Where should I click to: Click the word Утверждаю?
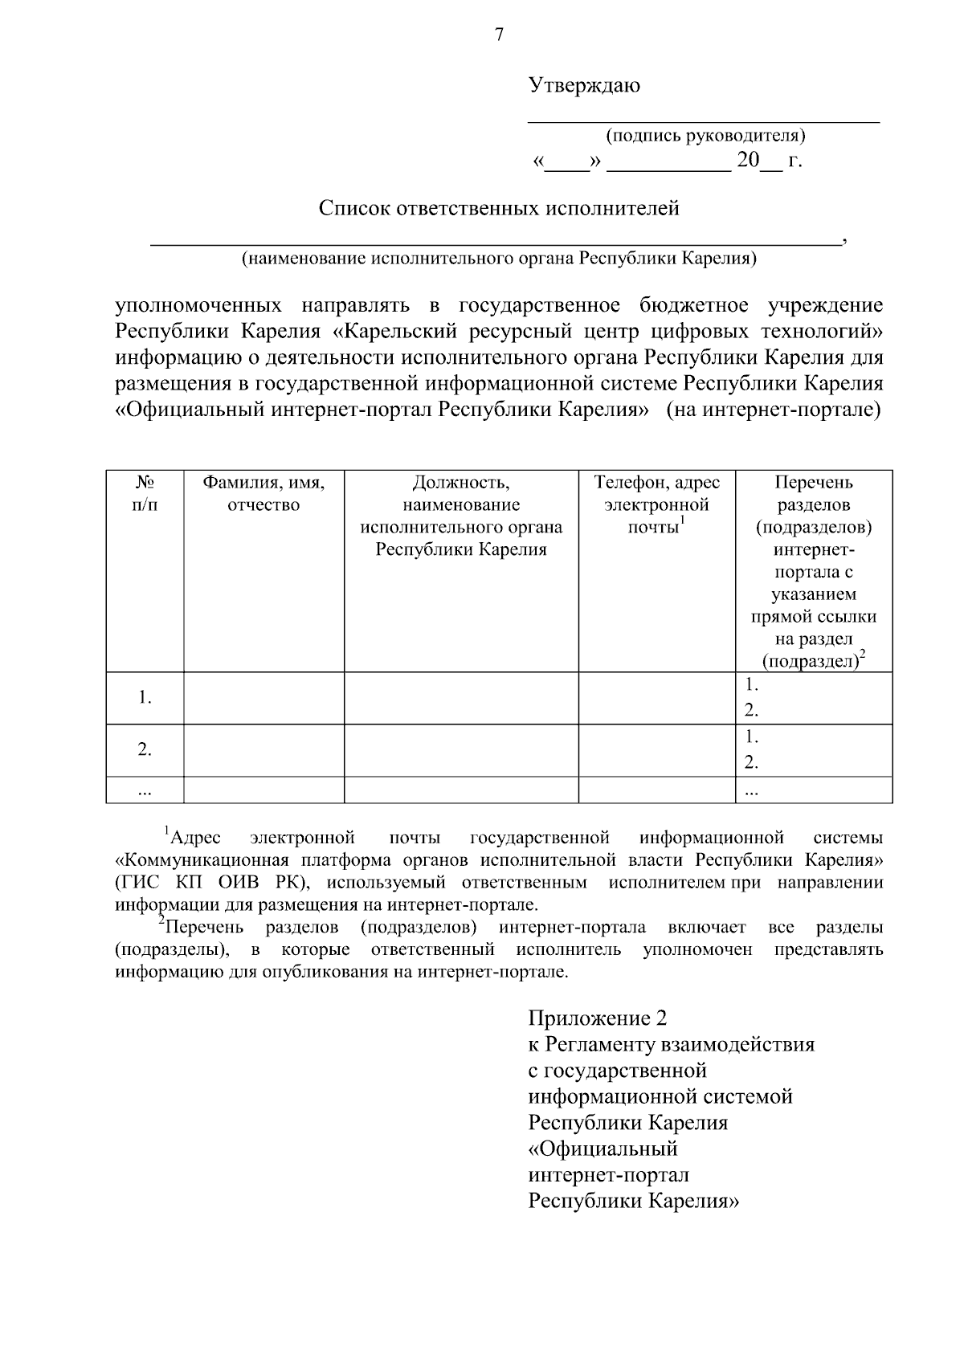tap(584, 85)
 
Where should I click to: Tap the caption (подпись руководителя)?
tap(705, 135)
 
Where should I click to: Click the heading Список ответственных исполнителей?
tap(499, 209)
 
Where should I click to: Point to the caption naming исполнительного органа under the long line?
tap(499, 259)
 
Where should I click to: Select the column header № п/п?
tap(145, 493)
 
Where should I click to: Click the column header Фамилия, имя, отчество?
tap(263, 493)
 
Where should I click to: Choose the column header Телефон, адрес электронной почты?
tap(656, 504)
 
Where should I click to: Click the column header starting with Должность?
tap(461, 516)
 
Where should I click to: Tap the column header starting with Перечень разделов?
tap(813, 571)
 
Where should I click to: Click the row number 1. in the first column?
tap(145, 698)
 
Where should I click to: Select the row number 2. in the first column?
tap(145, 749)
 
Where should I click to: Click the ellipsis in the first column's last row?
tap(145, 790)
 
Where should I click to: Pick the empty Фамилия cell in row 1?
tap(263, 698)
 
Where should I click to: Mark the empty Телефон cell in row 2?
tap(656, 749)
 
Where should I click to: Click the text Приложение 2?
tap(597, 1018)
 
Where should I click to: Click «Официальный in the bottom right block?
tap(602, 1149)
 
